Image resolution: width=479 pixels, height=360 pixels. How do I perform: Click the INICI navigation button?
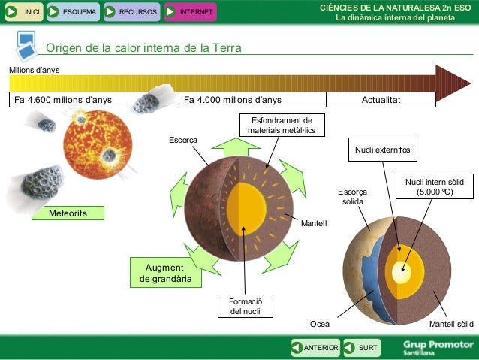(x=23, y=11)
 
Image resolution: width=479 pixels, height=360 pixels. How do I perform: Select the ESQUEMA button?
(x=73, y=11)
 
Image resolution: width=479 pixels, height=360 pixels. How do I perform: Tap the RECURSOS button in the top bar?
(x=130, y=11)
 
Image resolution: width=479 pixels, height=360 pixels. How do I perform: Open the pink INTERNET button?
(x=189, y=11)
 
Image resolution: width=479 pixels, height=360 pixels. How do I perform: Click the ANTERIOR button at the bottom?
(x=315, y=347)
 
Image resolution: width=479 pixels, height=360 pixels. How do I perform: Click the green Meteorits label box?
(x=68, y=213)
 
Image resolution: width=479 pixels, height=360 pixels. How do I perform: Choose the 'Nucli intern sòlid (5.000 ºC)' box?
(x=435, y=186)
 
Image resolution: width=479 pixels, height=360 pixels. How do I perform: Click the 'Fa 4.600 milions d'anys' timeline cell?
(x=63, y=100)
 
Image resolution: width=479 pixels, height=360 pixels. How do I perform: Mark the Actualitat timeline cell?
(x=381, y=100)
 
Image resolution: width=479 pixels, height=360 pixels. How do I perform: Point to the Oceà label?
(x=320, y=324)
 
